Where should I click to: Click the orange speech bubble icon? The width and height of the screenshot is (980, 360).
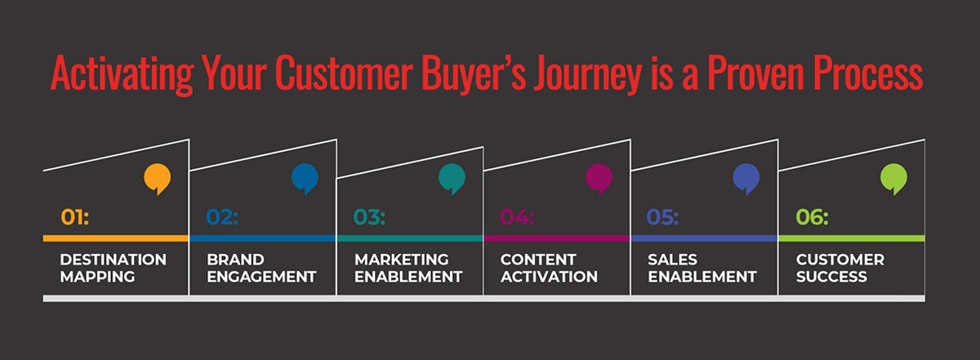158,179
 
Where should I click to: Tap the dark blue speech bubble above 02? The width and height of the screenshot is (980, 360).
305,179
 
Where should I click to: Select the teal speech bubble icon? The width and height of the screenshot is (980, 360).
452,179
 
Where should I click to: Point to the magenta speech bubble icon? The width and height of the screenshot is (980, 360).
599,179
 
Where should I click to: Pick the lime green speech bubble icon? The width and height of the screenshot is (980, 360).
893,179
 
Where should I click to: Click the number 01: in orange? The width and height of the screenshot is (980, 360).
75,217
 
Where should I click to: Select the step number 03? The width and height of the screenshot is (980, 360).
370,217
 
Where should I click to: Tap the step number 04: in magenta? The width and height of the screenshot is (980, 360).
517,217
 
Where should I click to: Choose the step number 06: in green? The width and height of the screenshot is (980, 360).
812,217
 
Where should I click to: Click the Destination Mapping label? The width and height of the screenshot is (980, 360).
113,268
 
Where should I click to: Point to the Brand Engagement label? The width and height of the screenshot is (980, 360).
261,268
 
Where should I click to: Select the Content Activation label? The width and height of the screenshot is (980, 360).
549,268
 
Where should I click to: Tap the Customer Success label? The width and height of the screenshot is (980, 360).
840,268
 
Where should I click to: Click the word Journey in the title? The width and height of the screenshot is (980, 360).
587,74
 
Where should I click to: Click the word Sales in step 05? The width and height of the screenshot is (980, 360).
672,260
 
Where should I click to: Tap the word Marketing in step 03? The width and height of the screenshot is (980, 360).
402,260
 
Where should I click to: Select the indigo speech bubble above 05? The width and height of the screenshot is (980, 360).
746,179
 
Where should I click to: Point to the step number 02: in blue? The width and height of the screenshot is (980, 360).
222,217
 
